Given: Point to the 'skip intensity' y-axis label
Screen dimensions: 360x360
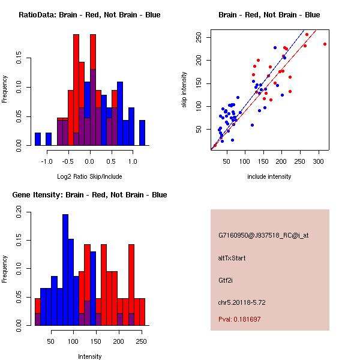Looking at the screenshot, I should [184, 90].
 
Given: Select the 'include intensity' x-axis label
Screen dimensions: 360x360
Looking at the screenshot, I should [269, 176].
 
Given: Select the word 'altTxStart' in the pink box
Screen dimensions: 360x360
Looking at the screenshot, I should [232, 258].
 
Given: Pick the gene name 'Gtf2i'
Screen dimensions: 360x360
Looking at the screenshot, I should [225, 280].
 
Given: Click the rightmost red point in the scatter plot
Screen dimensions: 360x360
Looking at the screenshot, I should [325, 44].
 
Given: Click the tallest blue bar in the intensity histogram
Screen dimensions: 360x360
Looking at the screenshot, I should [66, 270].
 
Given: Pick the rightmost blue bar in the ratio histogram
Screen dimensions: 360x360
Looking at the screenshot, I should [142, 133].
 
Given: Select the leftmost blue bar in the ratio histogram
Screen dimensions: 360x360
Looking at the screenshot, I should [38, 139].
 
